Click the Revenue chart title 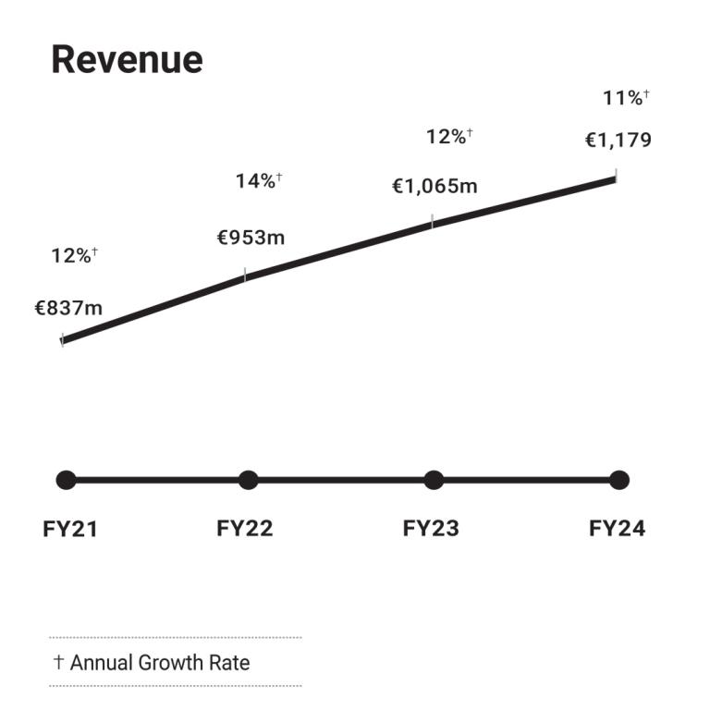click(x=127, y=60)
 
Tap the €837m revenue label click(x=68, y=309)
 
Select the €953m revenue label click(x=251, y=238)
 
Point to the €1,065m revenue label click(x=435, y=187)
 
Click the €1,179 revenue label click(x=618, y=141)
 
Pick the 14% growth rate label click(x=258, y=180)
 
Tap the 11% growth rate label click(x=626, y=98)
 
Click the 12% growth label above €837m click(x=74, y=256)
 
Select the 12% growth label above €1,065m click(x=449, y=137)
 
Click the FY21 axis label click(x=70, y=529)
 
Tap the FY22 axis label click(x=245, y=529)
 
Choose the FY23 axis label click(x=431, y=529)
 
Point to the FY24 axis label click(x=617, y=529)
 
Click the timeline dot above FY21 click(x=66, y=480)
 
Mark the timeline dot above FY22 click(x=248, y=480)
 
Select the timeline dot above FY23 click(x=434, y=480)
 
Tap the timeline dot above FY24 click(x=619, y=480)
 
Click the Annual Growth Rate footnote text click(x=159, y=663)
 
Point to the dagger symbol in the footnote click(x=58, y=663)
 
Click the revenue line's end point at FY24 click(x=615, y=178)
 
